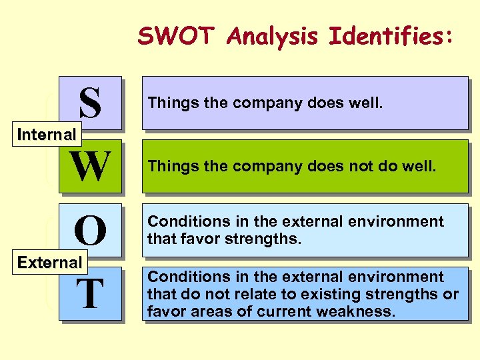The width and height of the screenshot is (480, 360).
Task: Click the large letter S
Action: coord(90,103)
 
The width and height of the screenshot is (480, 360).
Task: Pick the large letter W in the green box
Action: coord(91,167)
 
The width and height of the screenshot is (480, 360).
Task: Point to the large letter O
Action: coord(90,231)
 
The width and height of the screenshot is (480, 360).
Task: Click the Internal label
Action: coord(47,135)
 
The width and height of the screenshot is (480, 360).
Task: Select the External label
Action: coord(49,262)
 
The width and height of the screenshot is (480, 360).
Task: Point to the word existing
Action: coord(319,294)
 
